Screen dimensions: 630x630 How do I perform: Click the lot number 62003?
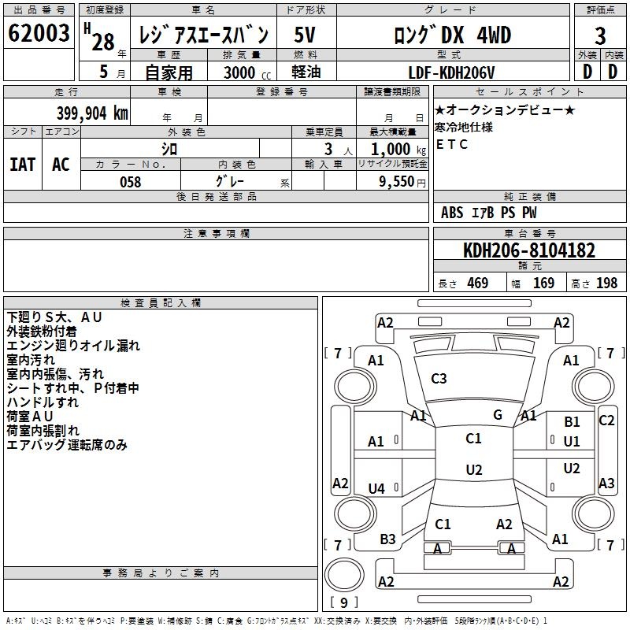39,33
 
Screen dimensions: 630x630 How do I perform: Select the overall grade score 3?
600,35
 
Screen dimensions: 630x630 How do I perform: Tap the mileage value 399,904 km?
92,113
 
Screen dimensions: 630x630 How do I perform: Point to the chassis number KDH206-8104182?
529,250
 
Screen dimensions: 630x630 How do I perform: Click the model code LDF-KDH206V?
451,72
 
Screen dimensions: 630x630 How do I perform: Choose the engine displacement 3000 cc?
247,72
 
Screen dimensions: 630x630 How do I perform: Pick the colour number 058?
131,182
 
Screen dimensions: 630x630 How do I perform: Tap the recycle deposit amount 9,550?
397,182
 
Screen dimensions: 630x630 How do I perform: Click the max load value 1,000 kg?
398,150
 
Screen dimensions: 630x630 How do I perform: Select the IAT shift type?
23,165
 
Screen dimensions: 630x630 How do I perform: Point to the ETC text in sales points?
451,144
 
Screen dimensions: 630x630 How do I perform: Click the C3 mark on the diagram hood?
439,379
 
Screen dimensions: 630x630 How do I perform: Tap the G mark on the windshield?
498,415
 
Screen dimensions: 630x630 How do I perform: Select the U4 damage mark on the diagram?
376,488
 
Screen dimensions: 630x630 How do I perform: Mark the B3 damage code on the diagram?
387,539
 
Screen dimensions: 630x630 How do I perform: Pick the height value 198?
606,283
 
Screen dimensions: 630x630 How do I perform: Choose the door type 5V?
305,35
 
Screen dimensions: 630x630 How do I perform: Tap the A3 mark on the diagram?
606,483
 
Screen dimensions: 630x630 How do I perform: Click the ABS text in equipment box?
452,213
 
